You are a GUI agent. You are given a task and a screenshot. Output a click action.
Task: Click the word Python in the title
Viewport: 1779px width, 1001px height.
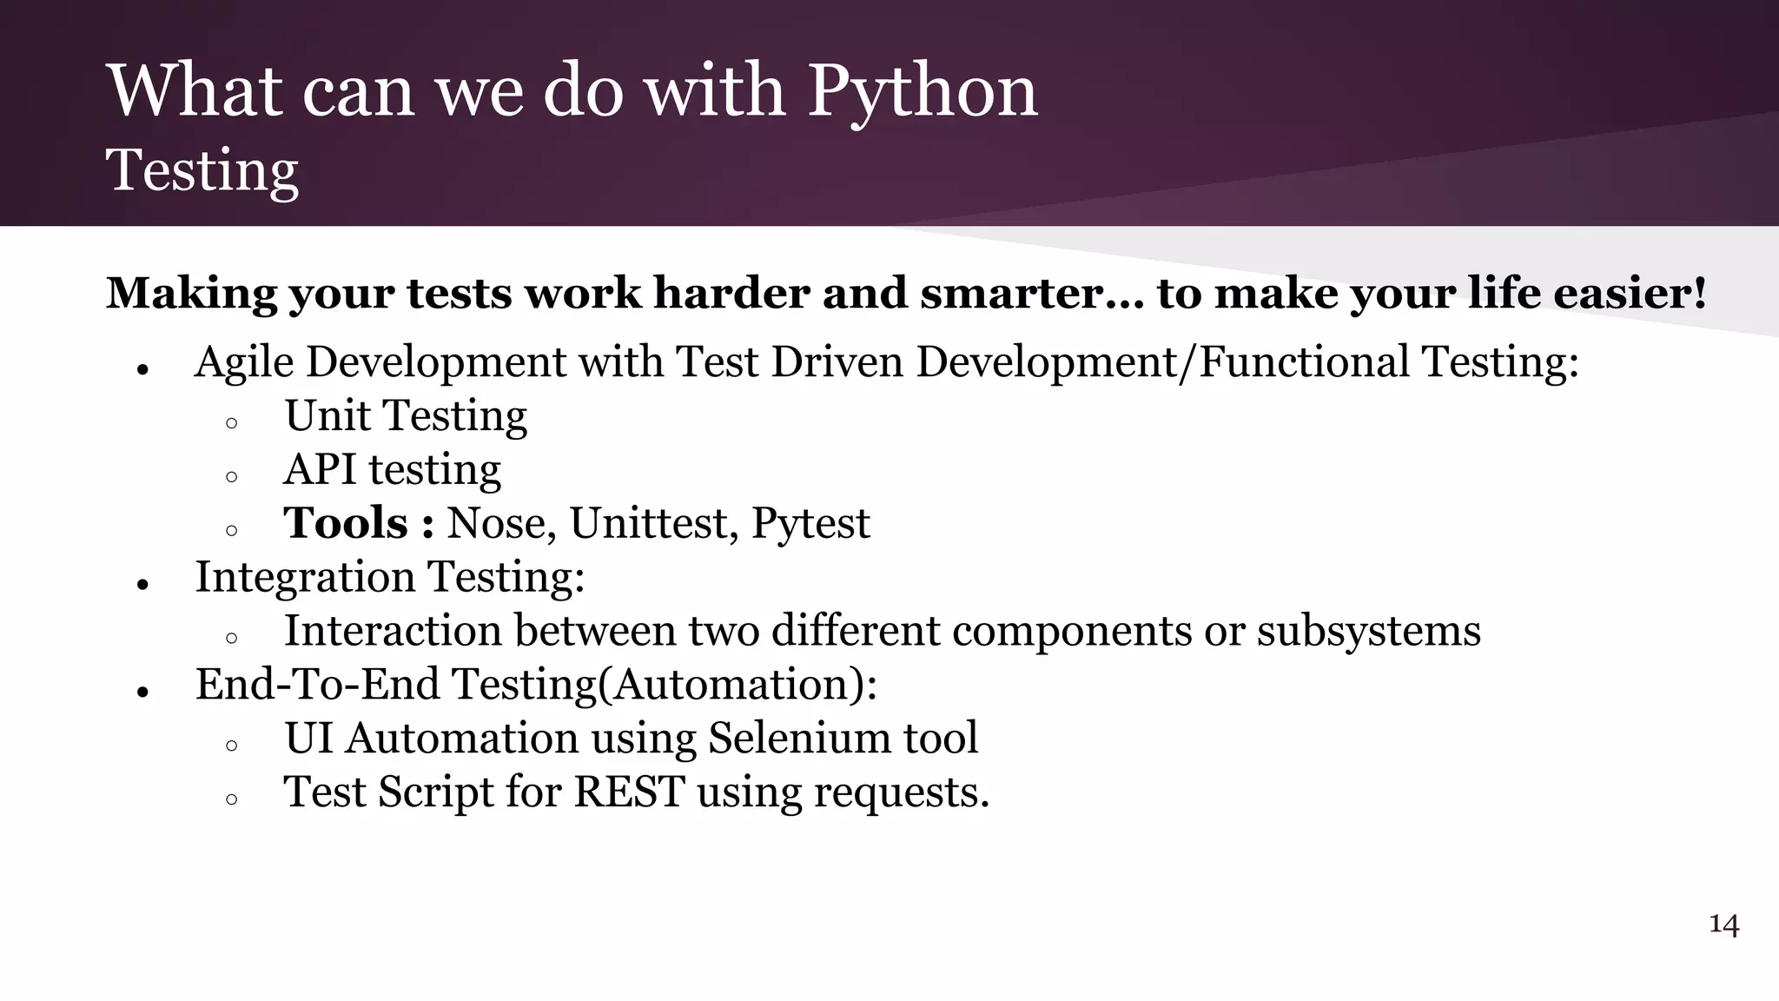923,91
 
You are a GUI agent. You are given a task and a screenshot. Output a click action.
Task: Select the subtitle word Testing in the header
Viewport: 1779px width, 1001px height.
202,169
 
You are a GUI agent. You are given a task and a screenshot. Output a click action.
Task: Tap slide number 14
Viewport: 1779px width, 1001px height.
1723,924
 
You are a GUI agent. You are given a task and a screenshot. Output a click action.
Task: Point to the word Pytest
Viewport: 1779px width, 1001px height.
810,523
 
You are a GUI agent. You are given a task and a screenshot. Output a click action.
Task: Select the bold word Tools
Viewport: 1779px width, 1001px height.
346,523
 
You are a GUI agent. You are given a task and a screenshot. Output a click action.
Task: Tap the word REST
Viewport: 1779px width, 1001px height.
629,792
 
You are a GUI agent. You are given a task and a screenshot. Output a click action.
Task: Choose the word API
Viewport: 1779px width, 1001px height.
320,469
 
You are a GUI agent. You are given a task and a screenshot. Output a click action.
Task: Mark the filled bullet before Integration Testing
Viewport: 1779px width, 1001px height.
143,585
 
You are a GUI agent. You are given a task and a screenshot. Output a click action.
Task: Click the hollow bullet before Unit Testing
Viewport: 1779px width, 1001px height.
231,424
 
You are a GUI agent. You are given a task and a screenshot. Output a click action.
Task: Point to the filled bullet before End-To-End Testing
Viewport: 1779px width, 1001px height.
143,693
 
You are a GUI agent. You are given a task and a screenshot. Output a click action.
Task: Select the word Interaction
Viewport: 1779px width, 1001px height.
393,631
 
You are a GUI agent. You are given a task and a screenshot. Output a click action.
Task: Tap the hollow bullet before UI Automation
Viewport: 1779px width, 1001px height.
231,746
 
